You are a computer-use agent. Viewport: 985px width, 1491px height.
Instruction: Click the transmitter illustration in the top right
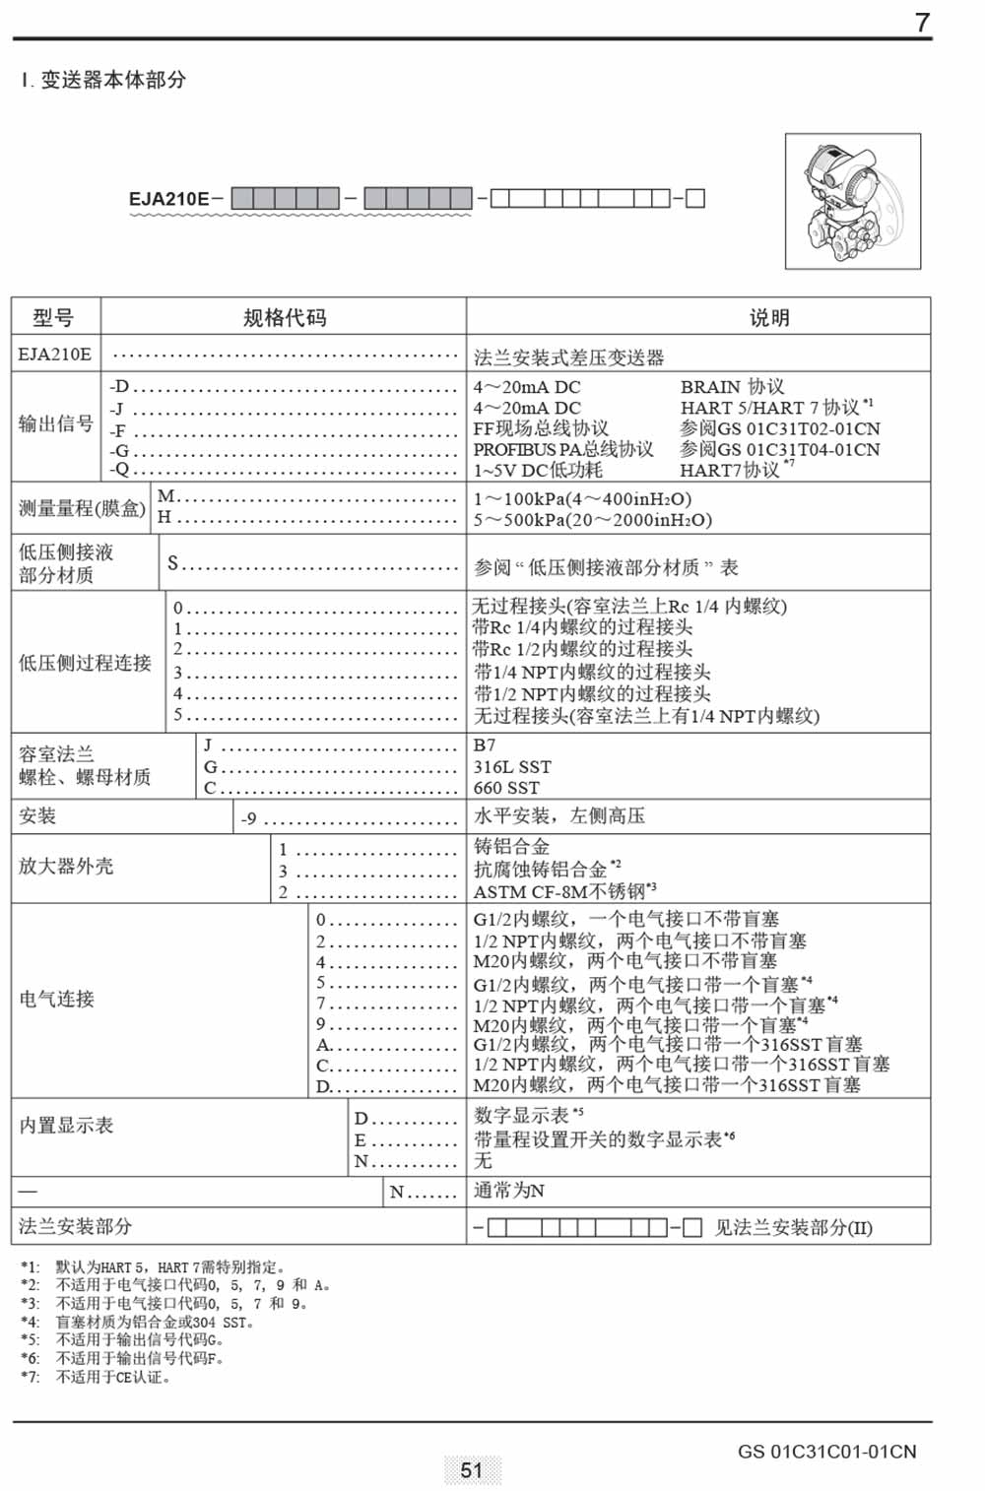tap(853, 202)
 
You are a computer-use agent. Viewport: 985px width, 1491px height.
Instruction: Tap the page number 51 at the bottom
tap(472, 1470)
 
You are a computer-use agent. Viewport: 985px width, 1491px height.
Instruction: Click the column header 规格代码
tap(284, 317)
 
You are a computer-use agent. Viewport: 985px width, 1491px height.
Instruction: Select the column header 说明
tap(768, 317)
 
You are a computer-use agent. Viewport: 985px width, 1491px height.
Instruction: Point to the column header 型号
tap(53, 317)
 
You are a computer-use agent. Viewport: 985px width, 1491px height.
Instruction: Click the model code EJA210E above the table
tap(168, 199)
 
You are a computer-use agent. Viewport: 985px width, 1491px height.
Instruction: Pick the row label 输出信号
tap(56, 424)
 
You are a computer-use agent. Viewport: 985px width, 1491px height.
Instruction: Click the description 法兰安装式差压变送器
tap(569, 357)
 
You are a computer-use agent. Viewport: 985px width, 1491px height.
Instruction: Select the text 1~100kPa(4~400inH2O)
tap(583, 498)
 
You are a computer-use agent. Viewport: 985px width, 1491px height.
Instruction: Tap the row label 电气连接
tap(57, 999)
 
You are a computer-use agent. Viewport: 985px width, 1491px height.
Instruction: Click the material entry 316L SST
tap(512, 766)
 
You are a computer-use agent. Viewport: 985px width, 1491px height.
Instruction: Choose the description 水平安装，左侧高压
tap(559, 815)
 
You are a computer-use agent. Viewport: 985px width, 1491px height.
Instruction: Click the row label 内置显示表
tap(66, 1125)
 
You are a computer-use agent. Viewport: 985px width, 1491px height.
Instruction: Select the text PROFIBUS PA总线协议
tap(563, 449)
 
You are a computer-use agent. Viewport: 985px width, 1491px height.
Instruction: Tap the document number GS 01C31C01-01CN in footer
tap(826, 1452)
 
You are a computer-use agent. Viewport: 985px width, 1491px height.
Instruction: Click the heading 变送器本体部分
tap(112, 81)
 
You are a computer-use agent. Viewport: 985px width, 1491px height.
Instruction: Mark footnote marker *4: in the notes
tap(31, 1323)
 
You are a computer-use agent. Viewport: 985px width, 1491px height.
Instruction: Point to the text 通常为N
tap(509, 1191)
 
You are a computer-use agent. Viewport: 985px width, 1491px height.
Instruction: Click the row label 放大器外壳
tap(66, 867)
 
